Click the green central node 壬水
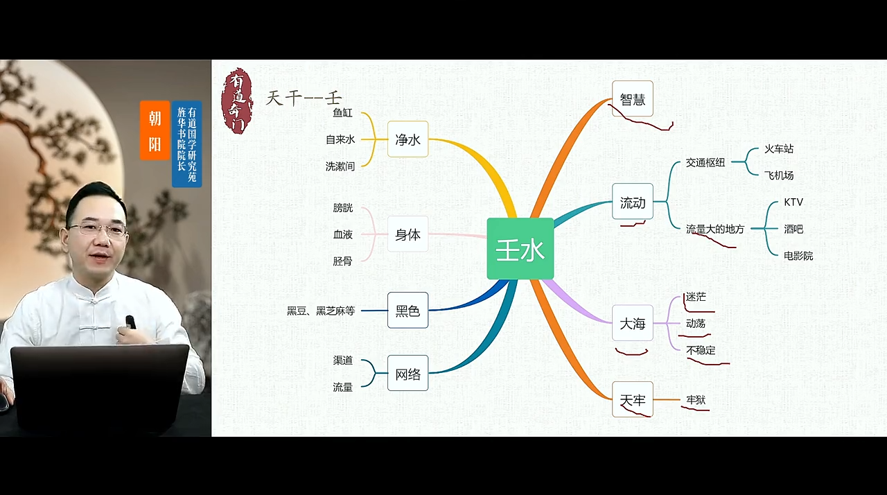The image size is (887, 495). click(x=520, y=249)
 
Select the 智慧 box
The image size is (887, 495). click(x=633, y=98)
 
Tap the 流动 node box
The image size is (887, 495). click(x=633, y=201)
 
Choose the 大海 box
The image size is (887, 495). click(x=633, y=323)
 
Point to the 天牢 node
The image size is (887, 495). click(x=633, y=399)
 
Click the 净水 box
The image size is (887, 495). click(x=408, y=139)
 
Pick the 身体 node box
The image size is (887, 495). click(x=408, y=234)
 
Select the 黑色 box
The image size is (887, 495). click(x=408, y=310)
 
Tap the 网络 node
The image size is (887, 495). click(x=408, y=373)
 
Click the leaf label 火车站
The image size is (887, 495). click(x=779, y=148)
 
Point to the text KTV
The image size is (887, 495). click(x=793, y=202)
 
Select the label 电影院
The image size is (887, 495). click(x=798, y=256)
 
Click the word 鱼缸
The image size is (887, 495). click(x=343, y=113)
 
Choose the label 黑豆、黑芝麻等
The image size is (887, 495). click(x=321, y=311)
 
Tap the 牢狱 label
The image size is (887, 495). click(x=696, y=400)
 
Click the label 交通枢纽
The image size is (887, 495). click(x=705, y=162)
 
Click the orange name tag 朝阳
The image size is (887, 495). click(x=155, y=130)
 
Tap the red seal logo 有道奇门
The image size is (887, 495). click(x=237, y=101)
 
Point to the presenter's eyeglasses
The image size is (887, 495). click(x=98, y=229)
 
